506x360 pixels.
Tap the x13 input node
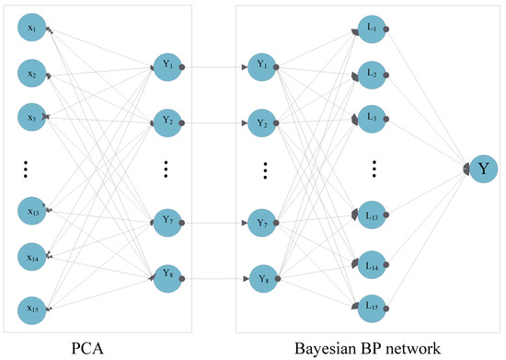click(x=31, y=213)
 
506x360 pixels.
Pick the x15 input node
click(x=31, y=304)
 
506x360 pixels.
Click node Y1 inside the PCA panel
click(x=167, y=66)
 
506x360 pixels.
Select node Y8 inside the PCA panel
click(x=167, y=275)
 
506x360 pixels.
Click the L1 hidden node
click(x=372, y=30)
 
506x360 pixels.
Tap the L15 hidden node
click(x=372, y=303)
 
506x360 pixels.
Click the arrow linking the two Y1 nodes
click(x=214, y=67)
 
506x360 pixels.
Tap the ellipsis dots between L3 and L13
click(x=375, y=169)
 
